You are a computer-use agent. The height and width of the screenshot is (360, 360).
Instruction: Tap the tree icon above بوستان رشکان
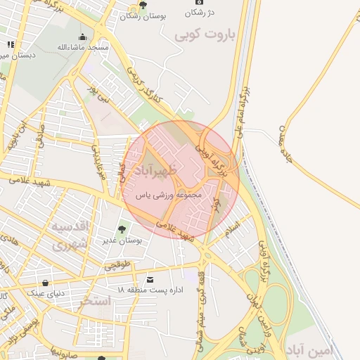(143, 5)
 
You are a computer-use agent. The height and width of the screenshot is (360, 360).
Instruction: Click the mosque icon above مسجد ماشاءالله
(83, 37)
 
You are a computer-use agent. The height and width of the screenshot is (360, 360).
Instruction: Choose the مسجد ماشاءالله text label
(83, 47)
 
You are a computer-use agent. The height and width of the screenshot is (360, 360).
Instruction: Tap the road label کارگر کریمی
(143, 83)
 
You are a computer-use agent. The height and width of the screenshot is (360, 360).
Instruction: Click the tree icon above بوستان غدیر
(122, 229)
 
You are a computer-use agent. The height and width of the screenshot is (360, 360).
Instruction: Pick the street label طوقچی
(117, 266)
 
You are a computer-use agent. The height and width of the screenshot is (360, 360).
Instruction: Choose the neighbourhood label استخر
(96, 302)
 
